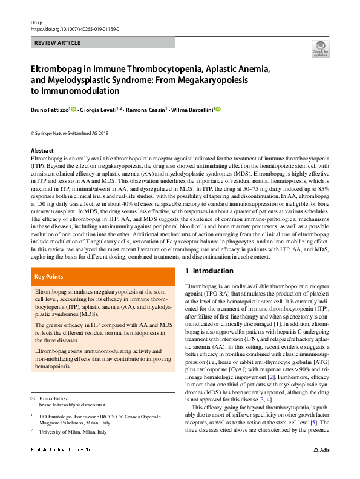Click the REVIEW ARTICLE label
pos(57,43)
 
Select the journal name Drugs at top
pos(36,21)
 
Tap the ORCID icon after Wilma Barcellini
pos(218,110)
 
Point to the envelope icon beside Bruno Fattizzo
pos(33,399)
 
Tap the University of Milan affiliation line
pos(72,432)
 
